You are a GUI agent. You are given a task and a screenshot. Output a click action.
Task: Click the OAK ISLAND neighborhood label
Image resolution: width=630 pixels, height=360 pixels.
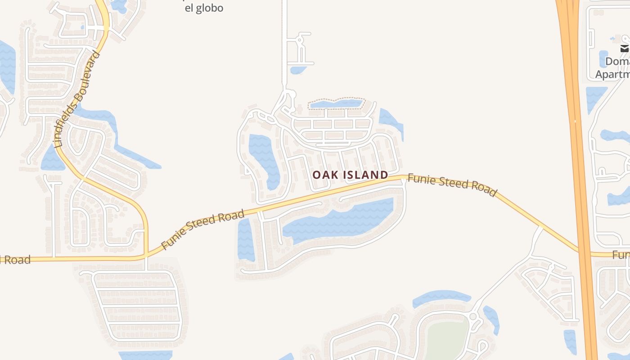point(350,175)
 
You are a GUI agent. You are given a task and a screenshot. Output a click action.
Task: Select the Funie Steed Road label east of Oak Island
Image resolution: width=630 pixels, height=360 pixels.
point(452,184)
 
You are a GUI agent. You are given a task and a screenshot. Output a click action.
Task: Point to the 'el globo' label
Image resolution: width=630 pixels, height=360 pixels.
point(204,8)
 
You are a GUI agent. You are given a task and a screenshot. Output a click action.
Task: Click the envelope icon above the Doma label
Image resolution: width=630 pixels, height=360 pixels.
point(625,49)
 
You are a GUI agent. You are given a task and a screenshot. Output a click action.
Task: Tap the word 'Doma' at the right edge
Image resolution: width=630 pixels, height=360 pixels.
point(617,61)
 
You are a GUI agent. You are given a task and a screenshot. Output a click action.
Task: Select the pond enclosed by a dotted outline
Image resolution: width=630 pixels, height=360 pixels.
point(336,104)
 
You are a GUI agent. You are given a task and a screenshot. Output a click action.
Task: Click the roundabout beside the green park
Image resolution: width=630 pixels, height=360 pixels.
point(472,317)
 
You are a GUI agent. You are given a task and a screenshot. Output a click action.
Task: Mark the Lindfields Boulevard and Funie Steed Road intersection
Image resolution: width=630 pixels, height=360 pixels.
point(146,256)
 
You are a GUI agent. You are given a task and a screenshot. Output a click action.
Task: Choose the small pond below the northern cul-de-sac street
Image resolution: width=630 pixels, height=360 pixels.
point(297,70)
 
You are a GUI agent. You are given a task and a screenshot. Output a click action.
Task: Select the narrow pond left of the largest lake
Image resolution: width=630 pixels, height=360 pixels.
point(245,238)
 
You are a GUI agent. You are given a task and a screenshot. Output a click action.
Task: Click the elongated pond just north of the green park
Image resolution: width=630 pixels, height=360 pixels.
point(441,297)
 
